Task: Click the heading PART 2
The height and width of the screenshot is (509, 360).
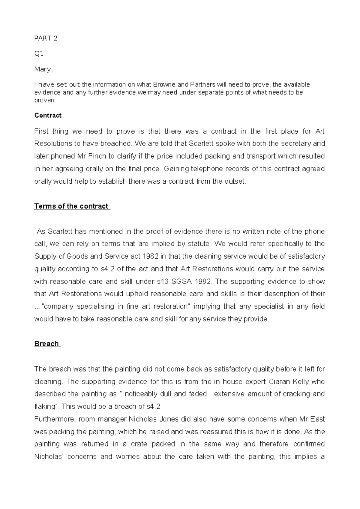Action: point(46,38)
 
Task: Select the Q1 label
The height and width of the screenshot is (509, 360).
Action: point(39,54)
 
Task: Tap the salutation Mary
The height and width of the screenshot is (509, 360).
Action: point(43,69)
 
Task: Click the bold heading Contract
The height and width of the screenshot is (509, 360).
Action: point(48,116)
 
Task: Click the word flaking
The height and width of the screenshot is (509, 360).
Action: point(45,407)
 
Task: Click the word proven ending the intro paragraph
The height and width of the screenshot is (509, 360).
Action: point(45,101)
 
